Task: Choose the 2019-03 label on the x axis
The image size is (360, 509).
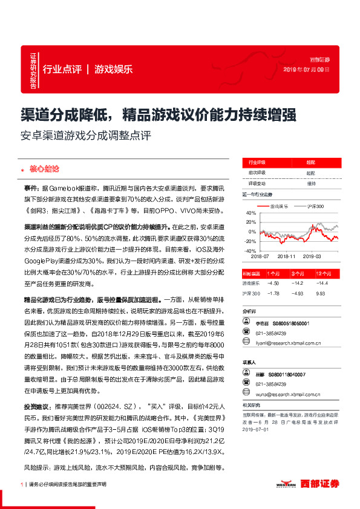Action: [x=313, y=256]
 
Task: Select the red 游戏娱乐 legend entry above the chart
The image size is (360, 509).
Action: [x=279, y=207]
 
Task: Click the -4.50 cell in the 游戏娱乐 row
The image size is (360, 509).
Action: [x=273, y=283]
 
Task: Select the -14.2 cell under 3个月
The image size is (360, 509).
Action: [x=296, y=283]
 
